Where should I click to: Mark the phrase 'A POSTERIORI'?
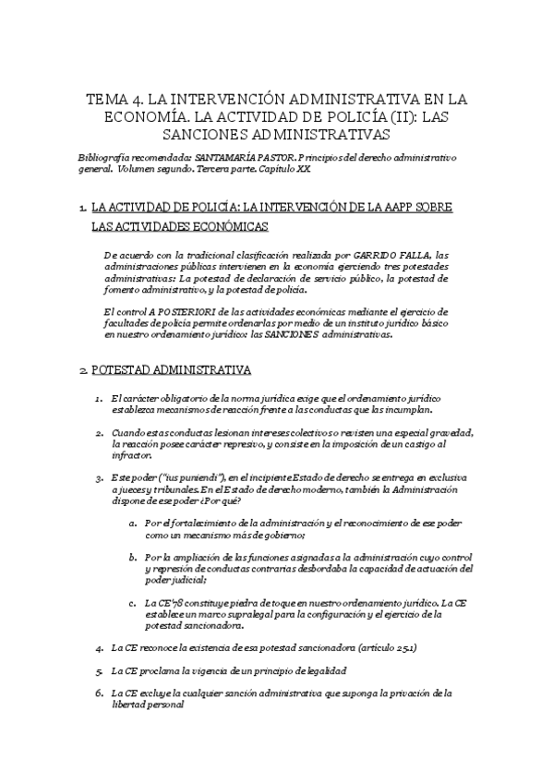[176, 311]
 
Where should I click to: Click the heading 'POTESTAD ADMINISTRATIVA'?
[171, 370]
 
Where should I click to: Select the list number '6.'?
[100, 693]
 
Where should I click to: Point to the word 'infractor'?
[130, 455]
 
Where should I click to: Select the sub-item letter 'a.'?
[135, 523]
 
